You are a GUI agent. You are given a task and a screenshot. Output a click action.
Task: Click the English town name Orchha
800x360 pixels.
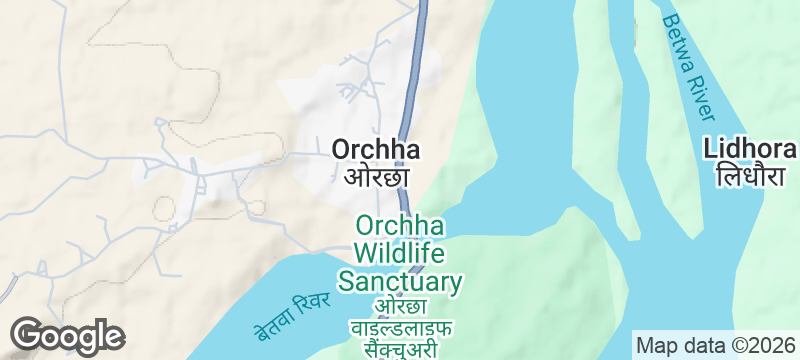pyautogui.click(x=375, y=150)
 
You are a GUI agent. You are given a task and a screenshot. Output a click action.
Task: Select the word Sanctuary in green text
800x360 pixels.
pyautogui.click(x=400, y=281)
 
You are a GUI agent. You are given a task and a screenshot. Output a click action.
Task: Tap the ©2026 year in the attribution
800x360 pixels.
pyautogui.click(x=762, y=346)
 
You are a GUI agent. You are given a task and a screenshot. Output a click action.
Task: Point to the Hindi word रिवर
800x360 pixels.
pyautogui.click(x=313, y=299)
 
